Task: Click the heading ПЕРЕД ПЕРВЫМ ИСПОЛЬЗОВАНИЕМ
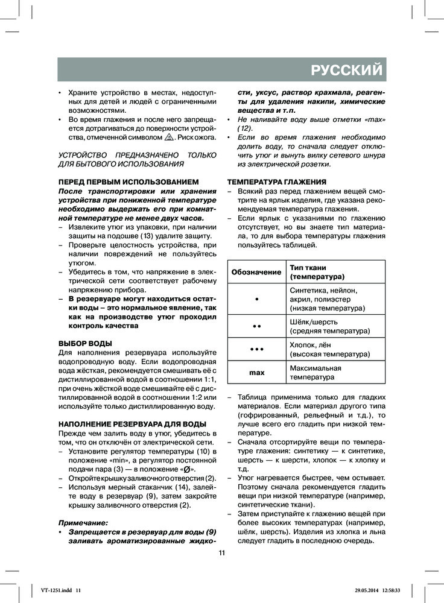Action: [x=128, y=182]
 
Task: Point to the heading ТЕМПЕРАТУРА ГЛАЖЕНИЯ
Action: [x=277, y=182]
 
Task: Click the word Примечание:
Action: [x=83, y=523]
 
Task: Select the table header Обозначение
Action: [x=256, y=272]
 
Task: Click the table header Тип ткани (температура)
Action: [x=317, y=272]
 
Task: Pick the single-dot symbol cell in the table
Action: [x=256, y=299]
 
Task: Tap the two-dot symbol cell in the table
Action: [x=256, y=326]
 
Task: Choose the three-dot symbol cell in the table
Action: [x=256, y=350]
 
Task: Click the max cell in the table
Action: [x=256, y=373]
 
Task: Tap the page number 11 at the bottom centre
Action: [x=221, y=553]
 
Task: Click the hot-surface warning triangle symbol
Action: [x=169, y=137]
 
